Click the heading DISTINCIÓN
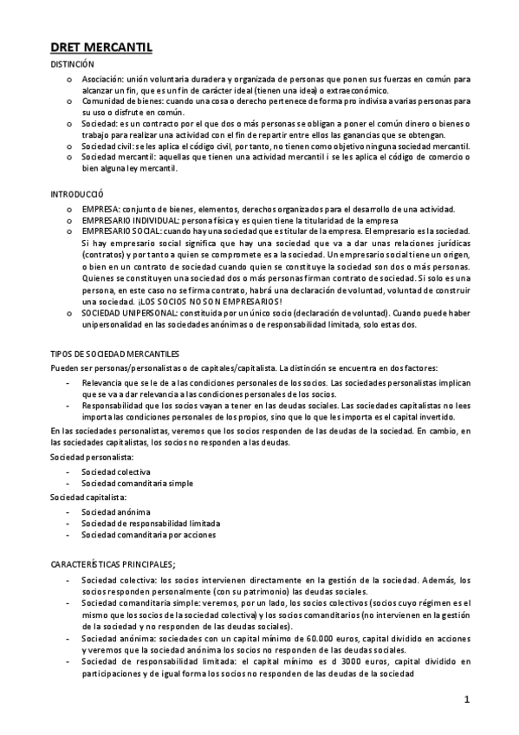click(x=72, y=65)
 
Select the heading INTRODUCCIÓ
click(x=77, y=196)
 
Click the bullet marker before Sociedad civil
click(x=69, y=146)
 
